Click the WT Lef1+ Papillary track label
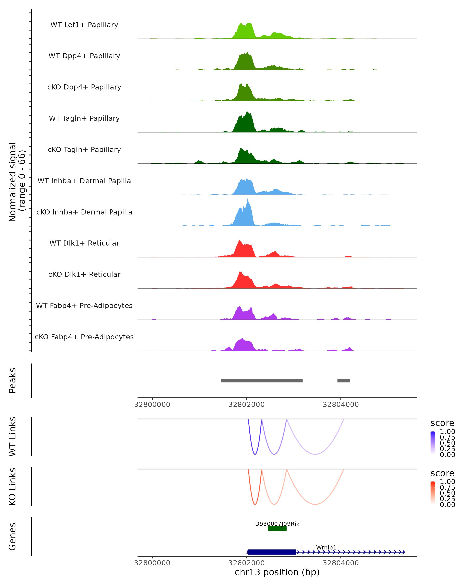(84, 25)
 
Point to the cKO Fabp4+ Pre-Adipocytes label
(84, 337)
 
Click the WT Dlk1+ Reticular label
(84, 243)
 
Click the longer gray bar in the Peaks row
(261, 381)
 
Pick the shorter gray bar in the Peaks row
(343, 381)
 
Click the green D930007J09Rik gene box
(277, 528)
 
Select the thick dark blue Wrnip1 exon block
(272, 552)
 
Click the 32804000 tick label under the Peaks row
(340, 405)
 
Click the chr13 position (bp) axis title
(277, 572)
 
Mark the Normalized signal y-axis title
(17, 182)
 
